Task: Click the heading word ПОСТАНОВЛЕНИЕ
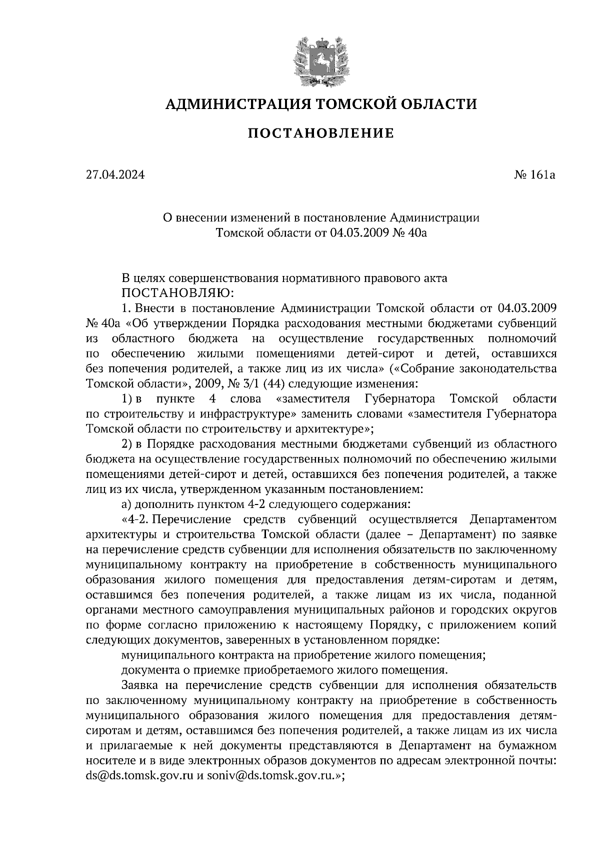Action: [321, 133]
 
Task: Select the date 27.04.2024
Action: [115, 175]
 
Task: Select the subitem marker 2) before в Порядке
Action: [127, 443]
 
